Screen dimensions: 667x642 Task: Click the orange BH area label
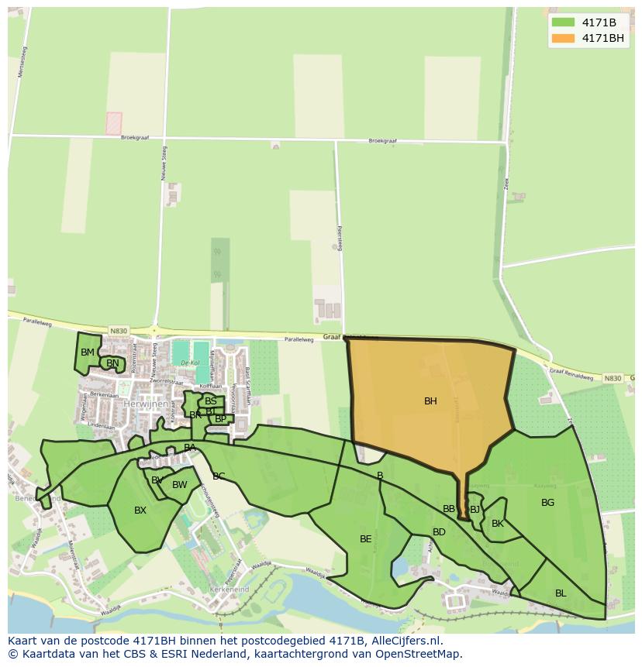pyautogui.click(x=430, y=401)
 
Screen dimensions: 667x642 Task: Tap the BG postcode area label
pyautogui.click(x=547, y=503)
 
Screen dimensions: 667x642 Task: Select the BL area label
pyautogui.click(x=561, y=593)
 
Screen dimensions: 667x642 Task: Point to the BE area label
pyautogui.click(x=365, y=539)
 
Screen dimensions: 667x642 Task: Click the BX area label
pyautogui.click(x=140, y=511)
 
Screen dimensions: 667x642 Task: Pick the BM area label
pyautogui.click(x=88, y=352)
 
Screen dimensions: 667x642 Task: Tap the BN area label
pyautogui.click(x=112, y=363)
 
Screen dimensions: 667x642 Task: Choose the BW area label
pyautogui.click(x=180, y=486)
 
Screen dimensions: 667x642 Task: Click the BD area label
pyautogui.click(x=439, y=532)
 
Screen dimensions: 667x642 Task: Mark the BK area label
pyautogui.click(x=498, y=524)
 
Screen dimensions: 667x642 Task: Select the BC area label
pyautogui.click(x=219, y=476)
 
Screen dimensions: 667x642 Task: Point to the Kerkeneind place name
pyautogui.click(x=228, y=590)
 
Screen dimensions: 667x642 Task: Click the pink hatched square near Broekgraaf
pyautogui.click(x=114, y=123)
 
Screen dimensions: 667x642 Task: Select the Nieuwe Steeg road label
pyautogui.click(x=164, y=166)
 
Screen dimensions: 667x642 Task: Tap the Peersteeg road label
pyautogui.click(x=340, y=232)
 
